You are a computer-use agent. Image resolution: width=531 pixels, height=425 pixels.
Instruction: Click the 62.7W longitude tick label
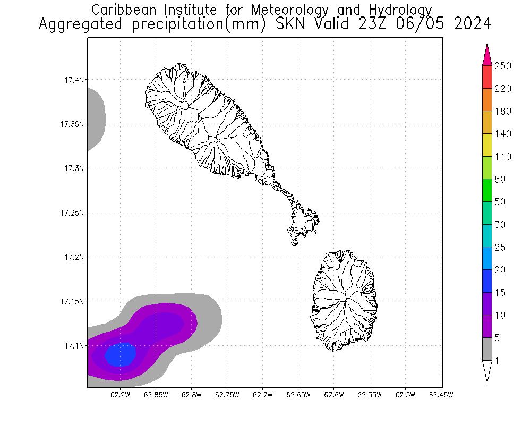coord(262,395)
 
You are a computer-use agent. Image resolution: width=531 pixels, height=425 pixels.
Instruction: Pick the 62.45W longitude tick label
coord(440,395)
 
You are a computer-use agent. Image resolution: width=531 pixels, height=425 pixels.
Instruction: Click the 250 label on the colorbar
coord(503,66)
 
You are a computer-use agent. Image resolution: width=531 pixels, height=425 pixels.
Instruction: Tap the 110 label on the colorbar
coord(503,157)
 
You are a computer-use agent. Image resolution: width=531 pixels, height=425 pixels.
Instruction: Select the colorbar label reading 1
coord(496,361)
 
